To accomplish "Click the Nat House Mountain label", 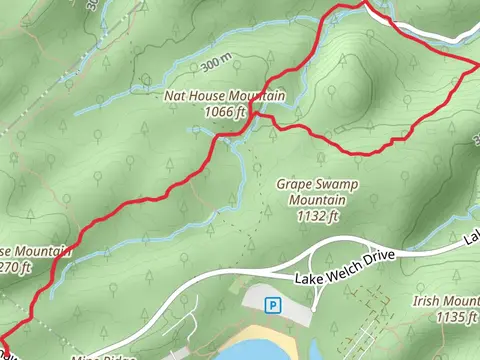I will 226,97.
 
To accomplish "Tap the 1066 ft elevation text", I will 224,112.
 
